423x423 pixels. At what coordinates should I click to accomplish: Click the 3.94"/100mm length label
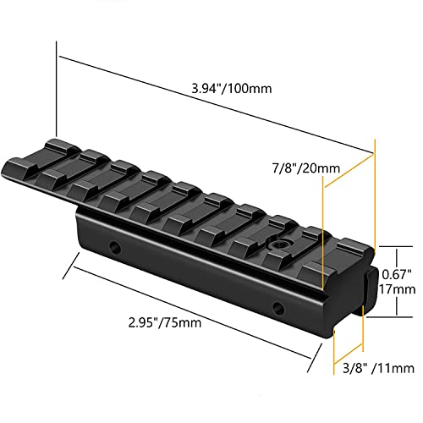pyautogui.click(x=232, y=89)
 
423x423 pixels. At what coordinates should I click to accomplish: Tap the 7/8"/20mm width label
pyautogui.click(x=306, y=168)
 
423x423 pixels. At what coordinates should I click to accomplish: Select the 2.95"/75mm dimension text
pyautogui.click(x=165, y=322)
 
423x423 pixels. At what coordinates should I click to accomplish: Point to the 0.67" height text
pyautogui.click(x=397, y=274)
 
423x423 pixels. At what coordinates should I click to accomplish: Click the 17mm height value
pyautogui.click(x=398, y=289)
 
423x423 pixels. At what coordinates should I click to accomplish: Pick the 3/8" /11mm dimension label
pyautogui.click(x=378, y=368)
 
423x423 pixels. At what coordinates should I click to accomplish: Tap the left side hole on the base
pyautogui.click(x=115, y=247)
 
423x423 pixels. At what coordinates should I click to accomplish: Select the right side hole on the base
pyautogui.click(x=278, y=308)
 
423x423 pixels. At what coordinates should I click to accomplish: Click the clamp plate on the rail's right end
pyautogui.click(x=371, y=290)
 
